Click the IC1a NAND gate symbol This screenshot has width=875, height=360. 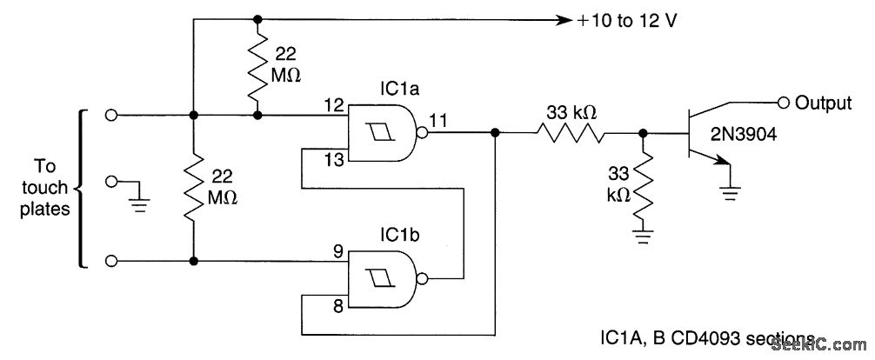(383, 133)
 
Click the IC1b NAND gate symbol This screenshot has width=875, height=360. (383, 278)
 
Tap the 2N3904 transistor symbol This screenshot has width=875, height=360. (700, 133)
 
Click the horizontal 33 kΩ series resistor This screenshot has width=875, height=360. (570, 133)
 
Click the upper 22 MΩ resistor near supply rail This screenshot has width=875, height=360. (257, 65)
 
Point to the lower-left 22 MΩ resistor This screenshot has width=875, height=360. (192, 188)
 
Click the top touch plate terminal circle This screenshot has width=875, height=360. (110, 115)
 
